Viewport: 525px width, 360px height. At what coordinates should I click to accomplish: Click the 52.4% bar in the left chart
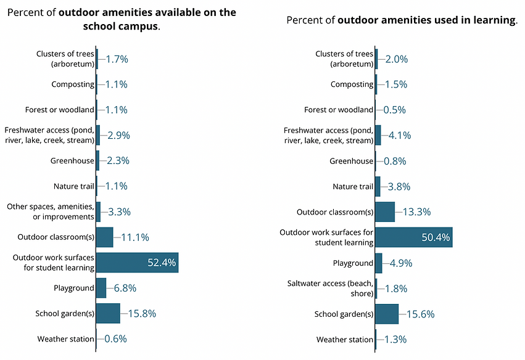click(x=137, y=263)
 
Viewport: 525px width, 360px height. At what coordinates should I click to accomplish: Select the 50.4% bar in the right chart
click(x=413, y=237)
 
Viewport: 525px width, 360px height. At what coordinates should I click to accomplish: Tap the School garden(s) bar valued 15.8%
click(x=108, y=313)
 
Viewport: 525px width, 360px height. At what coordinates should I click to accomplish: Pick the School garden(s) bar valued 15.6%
click(x=387, y=314)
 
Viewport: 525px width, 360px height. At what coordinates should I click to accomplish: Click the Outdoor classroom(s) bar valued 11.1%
click(x=105, y=237)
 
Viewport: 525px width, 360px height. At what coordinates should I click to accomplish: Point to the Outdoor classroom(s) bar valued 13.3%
click(x=385, y=212)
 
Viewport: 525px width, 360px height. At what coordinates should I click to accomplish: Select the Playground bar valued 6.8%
click(x=101, y=288)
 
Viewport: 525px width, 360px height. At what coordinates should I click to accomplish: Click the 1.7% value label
click(x=117, y=59)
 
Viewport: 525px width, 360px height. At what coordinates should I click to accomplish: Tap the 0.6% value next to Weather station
click(x=115, y=338)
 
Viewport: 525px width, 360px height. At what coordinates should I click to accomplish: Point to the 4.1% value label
click(x=398, y=135)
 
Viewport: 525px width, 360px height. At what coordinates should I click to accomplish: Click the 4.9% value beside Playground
click(x=400, y=263)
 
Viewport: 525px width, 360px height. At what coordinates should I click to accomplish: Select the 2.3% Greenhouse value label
click(x=117, y=161)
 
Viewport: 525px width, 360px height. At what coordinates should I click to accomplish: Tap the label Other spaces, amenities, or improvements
click(x=50, y=211)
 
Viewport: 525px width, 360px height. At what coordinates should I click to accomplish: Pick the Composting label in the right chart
click(x=352, y=84)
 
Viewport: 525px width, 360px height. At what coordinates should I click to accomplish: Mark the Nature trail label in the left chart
click(x=74, y=186)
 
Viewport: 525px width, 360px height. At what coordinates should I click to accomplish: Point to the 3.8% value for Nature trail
click(x=398, y=187)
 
